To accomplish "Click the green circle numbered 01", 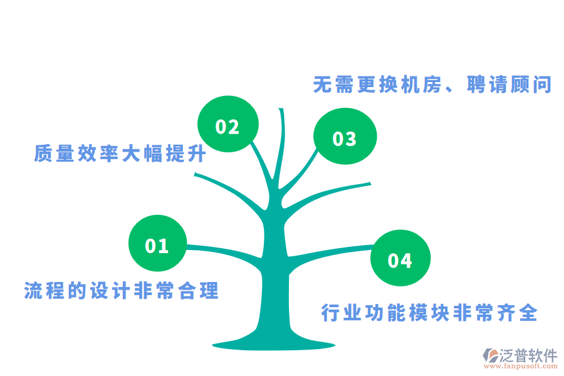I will click(x=157, y=244).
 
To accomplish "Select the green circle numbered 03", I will click(x=345, y=138).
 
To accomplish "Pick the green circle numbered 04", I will click(x=400, y=259).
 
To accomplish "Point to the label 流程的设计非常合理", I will click(x=122, y=291).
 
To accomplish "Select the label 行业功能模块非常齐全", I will click(x=429, y=313).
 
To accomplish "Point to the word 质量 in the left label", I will click(x=54, y=154).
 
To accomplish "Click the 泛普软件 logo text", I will click(x=528, y=356).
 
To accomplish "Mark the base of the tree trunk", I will click(x=274, y=342).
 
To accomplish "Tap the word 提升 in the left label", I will click(x=187, y=154).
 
